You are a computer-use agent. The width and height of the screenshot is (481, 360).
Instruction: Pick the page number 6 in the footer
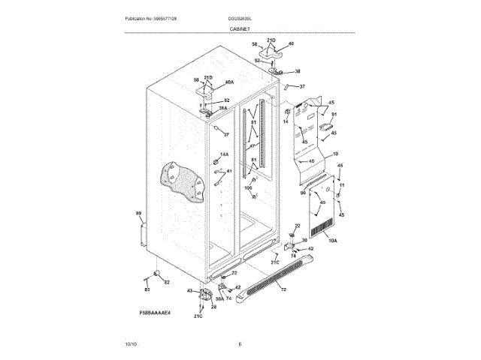pyautogui.click(x=240, y=343)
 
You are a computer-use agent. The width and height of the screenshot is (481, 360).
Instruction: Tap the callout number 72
pyautogui.click(x=284, y=288)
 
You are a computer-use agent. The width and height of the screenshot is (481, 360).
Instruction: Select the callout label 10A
pyautogui.click(x=332, y=241)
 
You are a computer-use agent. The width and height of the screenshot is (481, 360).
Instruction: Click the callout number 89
pyautogui.click(x=138, y=214)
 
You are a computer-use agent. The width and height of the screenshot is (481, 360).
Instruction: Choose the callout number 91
pyautogui.click(x=334, y=115)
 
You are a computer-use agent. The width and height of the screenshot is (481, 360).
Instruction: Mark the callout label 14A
pyautogui.click(x=224, y=154)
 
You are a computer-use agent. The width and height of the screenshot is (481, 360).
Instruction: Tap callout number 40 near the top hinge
pyautogui.click(x=292, y=43)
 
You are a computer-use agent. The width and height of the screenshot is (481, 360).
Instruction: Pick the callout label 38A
pyautogui.click(x=222, y=109)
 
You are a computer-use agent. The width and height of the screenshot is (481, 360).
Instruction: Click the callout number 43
pyautogui.click(x=190, y=291)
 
